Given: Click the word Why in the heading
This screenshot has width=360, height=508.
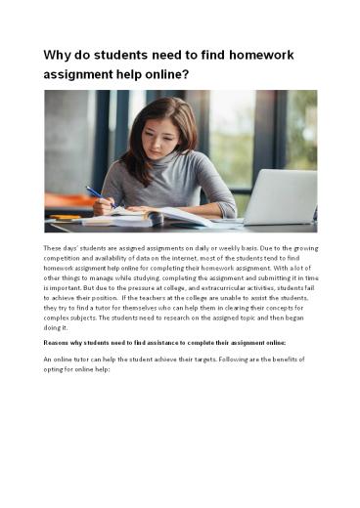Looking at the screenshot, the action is [x=57, y=55].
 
